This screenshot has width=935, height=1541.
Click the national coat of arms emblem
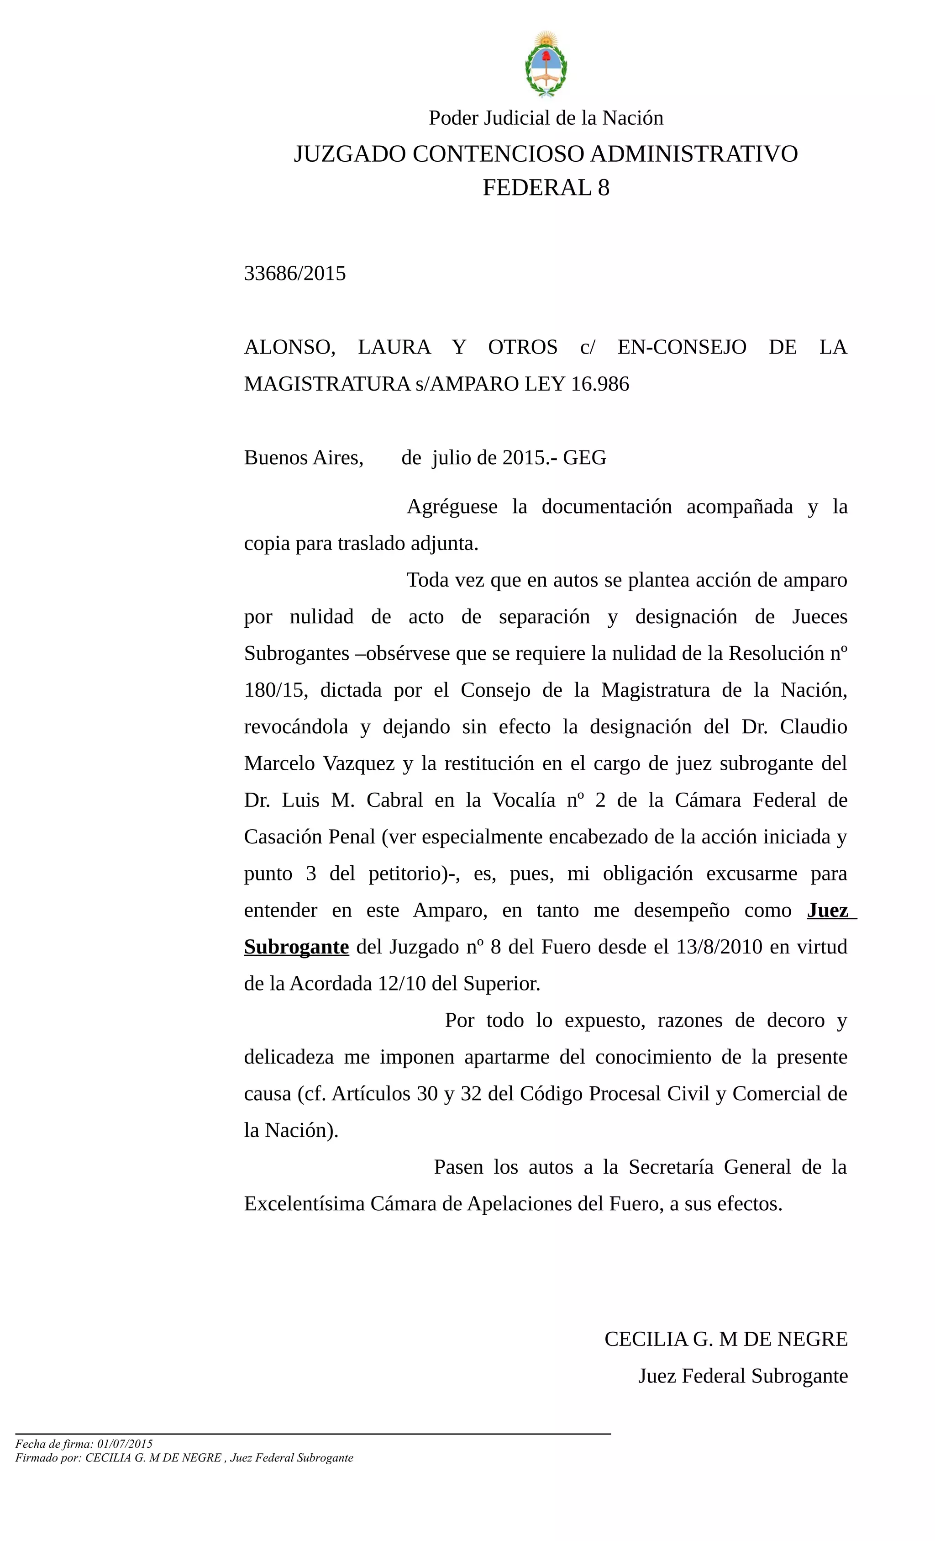click(546, 65)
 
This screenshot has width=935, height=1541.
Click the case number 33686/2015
click(294, 273)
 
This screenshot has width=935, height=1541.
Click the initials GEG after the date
click(584, 458)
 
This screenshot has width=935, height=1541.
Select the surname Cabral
click(394, 800)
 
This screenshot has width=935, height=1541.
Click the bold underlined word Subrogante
click(296, 948)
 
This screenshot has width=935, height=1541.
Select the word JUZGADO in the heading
click(350, 154)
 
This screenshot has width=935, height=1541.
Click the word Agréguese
click(452, 507)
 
